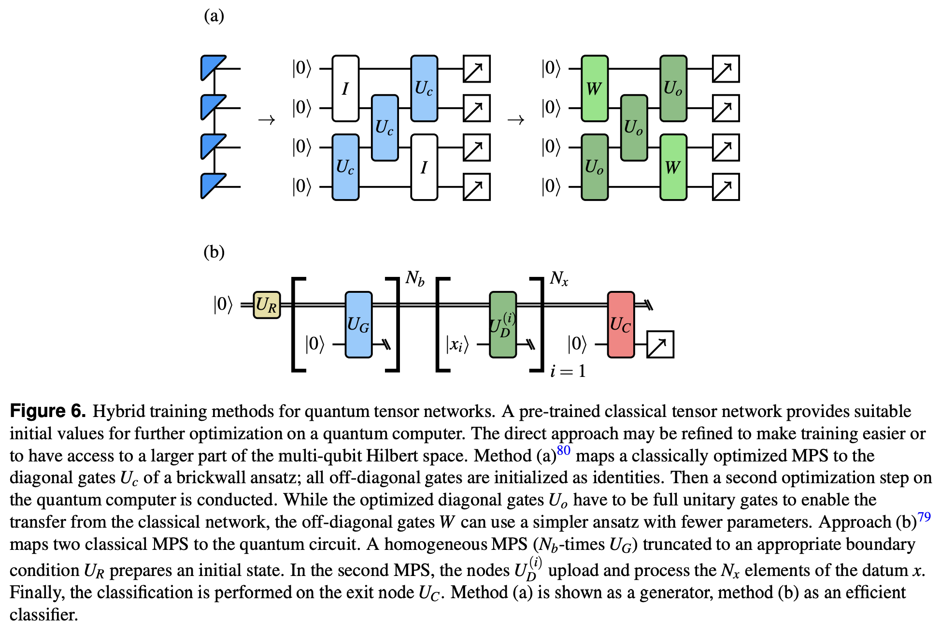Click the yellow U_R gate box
pyautogui.click(x=267, y=305)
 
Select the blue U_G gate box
pyautogui.click(x=358, y=324)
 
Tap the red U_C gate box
pyautogui.click(x=621, y=324)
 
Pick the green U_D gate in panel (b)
pyautogui.click(x=503, y=324)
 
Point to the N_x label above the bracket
pyautogui.click(x=559, y=278)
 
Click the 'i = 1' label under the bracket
pyautogui.click(x=568, y=371)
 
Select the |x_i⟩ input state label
pyautogui.click(x=457, y=345)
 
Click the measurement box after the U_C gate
pyautogui.click(x=660, y=345)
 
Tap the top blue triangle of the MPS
pyautogui.click(x=211, y=67)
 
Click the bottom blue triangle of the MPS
pyautogui.click(x=211, y=185)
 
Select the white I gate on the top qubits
pyautogui.click(x=345, y=88)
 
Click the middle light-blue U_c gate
pyautogui.click(x=385, y=128)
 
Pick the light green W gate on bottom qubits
pyautogui.click(x=673, y=167)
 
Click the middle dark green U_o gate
pyautogui.click(x=634, y=128)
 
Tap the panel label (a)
pyautogui.click(x=214, y=16)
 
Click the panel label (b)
pyautogui.click(x=214, y=252)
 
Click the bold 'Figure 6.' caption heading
pyautogui.click(x=48, y=411)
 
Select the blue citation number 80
pyautogui.click(x=563, y=450)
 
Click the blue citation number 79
pyautogui.click(x=924, y=517)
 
